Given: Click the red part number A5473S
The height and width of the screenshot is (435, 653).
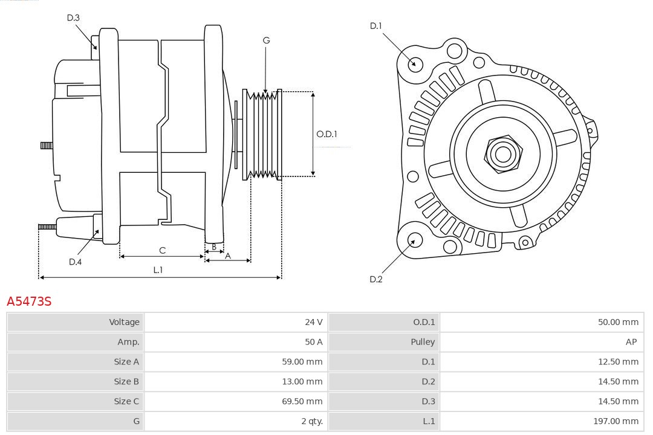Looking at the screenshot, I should [x=29, y=301].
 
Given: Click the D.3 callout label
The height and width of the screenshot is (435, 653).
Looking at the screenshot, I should [x=73, y=18].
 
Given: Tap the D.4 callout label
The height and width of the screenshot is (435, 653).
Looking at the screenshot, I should [x=75, y=262].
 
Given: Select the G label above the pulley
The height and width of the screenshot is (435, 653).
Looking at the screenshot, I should [x=266, y=40].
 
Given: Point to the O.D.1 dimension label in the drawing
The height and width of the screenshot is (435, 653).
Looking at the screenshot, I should [x=326, y=134].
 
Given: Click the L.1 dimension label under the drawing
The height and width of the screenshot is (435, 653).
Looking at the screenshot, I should [x=158, y=270].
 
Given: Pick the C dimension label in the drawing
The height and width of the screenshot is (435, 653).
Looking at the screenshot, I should [x=162, y=250].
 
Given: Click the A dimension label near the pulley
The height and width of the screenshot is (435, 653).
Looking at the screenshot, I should [x=228, y=256].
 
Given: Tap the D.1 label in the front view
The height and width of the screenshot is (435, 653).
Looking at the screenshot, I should [x=376, y=26].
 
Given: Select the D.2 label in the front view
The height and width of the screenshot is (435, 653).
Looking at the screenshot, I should [x=376, y=279].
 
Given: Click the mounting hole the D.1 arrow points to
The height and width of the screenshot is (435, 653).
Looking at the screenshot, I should [x=415, y=63].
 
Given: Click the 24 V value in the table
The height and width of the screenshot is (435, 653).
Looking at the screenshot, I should [x=314, y=322].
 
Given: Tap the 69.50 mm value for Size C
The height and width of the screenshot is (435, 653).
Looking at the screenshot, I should [x=302, y=401].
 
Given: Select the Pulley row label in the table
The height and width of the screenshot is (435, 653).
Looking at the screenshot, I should [x=423, y=342].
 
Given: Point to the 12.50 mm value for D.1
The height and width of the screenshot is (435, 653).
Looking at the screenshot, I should [x=618, y=362].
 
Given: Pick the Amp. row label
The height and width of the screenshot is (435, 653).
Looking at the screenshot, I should [x=128, y=342].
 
